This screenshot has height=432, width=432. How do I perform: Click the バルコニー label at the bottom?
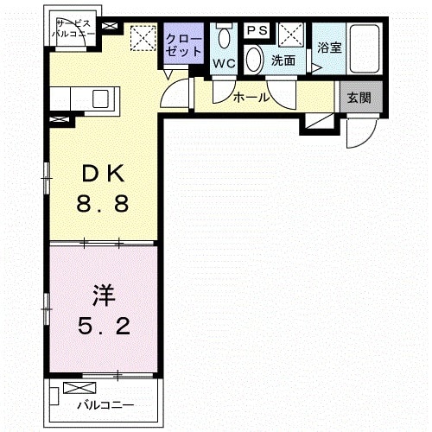pyautogui.click(x=105, y=404)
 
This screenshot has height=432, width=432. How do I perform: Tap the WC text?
pyautogui.click(x=225, y=62)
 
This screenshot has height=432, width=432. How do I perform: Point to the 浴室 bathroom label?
pyautogui.click(x=329, y=48)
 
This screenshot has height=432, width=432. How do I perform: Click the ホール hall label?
pyautogui.click(x=251, y=98)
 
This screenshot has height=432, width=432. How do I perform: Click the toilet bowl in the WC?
pyautogui.click(x=226, y=37)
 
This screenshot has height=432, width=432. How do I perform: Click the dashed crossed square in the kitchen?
pyautogui.click(x=142, y=39)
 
